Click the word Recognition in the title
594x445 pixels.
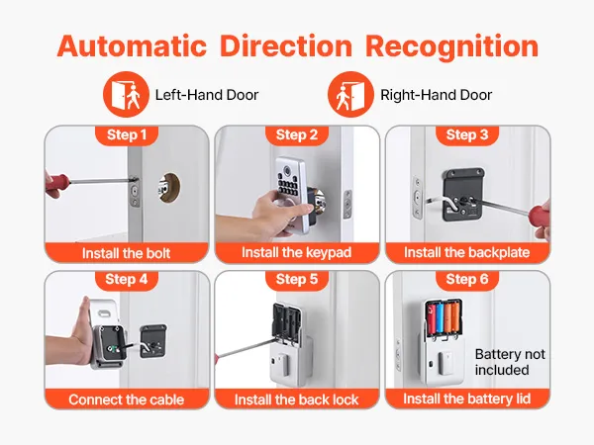(x=451, y=47)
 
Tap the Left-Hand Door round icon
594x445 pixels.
(x=126, y=94)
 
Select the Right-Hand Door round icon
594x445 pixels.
(x=350, y=94)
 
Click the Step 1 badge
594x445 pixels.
(x=127, y=135)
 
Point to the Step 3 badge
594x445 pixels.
(x=467, y=135)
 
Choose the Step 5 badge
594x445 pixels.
(x=297, y=280)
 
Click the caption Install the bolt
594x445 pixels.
(x=126, y=253)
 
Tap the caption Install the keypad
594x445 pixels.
(x=297, y=252)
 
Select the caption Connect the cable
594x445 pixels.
(x=126, y=400)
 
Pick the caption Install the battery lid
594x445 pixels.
(x=466, y=399)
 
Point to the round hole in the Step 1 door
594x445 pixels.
(x=169, y=187)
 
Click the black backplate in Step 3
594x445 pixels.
(x=463, y=195)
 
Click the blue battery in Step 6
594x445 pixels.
(x=440, y=317)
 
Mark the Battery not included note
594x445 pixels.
(x=510, y=362)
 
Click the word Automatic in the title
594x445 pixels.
(x=132, y=46)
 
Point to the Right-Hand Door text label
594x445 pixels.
(x=436, y=95)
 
